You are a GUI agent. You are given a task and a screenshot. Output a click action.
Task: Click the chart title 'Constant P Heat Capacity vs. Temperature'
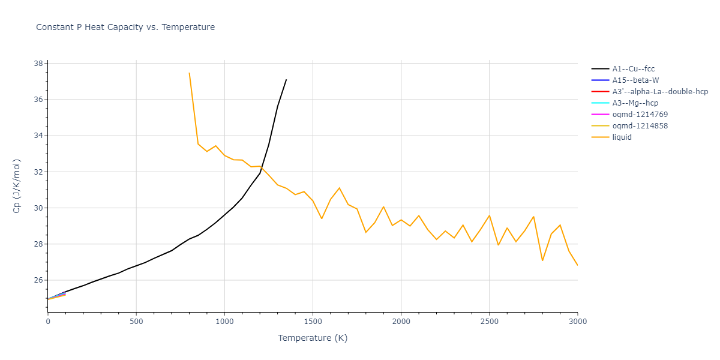click(x=125, y=27)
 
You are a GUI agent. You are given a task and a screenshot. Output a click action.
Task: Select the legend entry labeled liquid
click(x=622, y=137)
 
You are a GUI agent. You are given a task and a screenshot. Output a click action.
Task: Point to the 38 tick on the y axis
click(x=38, y=64)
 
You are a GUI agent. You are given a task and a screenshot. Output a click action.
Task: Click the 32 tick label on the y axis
click(x=38, y=172)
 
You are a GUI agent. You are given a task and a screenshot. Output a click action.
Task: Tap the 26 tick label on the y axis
click(x=38, y=280)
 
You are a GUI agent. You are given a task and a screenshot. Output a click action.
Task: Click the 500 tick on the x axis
click(x=136, y=321)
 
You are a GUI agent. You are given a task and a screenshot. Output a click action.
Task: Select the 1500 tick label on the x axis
click(x=313, y=321)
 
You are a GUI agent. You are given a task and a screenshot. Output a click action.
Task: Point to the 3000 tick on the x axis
click(x=577, y=321)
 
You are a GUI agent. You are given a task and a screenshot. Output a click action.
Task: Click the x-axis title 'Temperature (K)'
click(x=313, y=338)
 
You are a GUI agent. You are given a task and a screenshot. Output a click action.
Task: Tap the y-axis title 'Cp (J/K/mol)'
click(x=16, y=186)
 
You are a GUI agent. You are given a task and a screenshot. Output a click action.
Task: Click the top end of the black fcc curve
click(x=286, y=79)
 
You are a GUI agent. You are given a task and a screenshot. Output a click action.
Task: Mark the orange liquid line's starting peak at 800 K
click(x=189, y=73)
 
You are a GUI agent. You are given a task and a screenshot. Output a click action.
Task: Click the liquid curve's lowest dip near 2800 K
click(x=542, y=260)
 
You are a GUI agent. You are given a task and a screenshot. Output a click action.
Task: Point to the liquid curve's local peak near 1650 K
click(x=339, y=188)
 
